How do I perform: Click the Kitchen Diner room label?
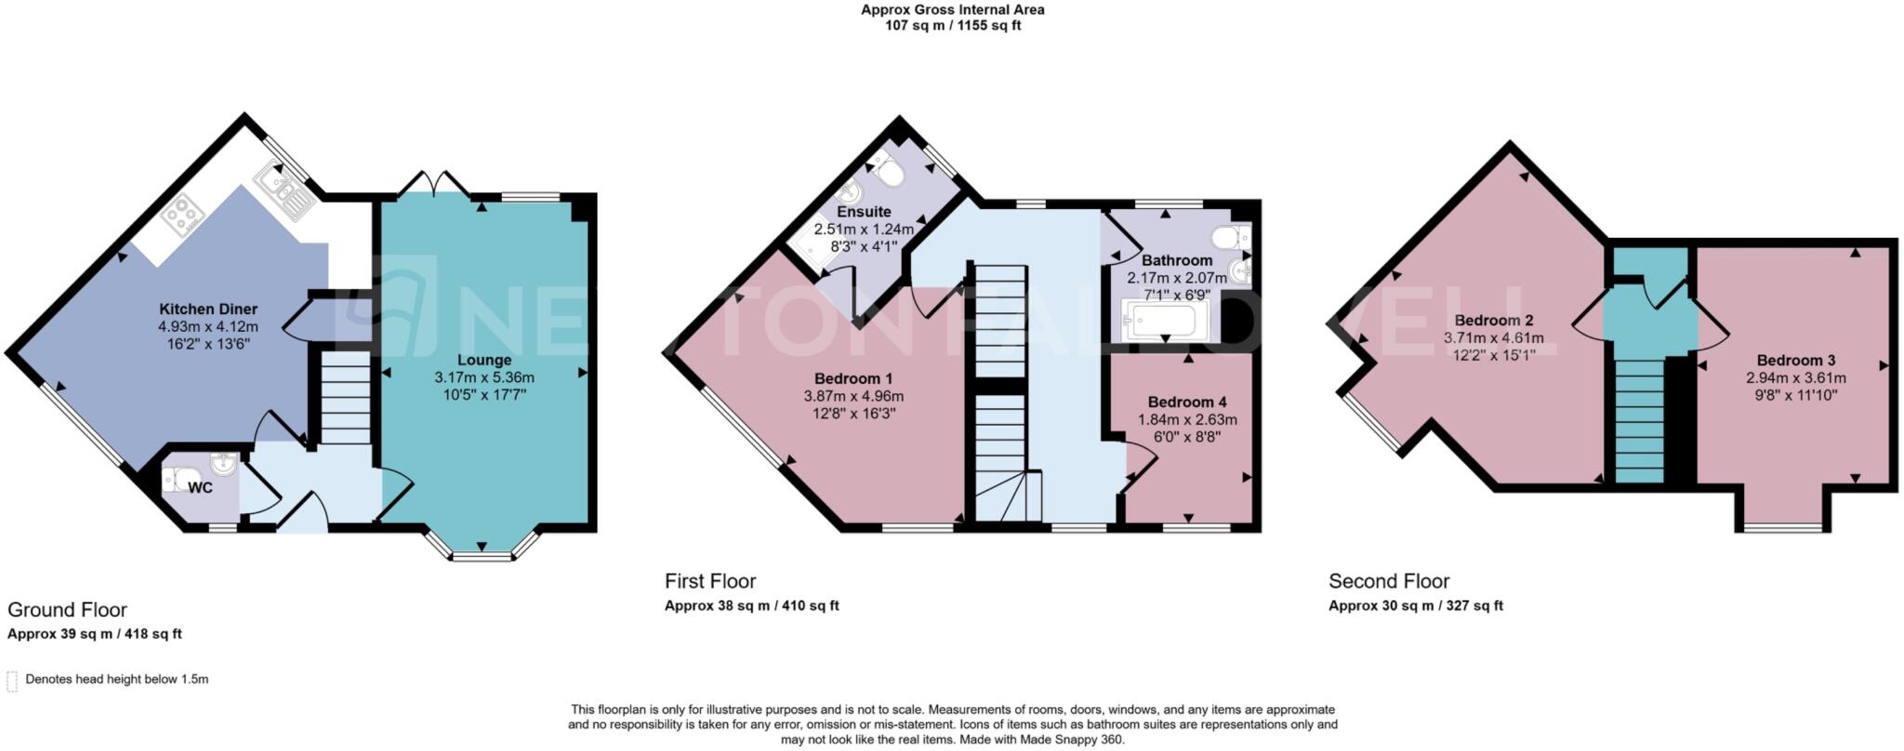(208, 310)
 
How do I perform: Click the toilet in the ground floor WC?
(176, 481)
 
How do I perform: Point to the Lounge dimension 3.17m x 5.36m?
(484, 377)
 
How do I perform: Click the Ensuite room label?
(864, 212)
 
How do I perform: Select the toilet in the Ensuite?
(888, 171)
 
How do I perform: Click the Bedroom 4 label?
(1187, 402)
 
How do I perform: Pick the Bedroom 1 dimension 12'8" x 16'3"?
(853, 414)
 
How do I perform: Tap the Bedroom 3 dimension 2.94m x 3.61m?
(1796, 377)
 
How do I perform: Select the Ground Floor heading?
(67, 610)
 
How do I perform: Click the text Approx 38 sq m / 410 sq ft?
(751, 606)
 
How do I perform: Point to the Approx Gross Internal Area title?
(952, 10)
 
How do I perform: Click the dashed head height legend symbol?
(12, 681)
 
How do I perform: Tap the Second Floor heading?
(1389, 582)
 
